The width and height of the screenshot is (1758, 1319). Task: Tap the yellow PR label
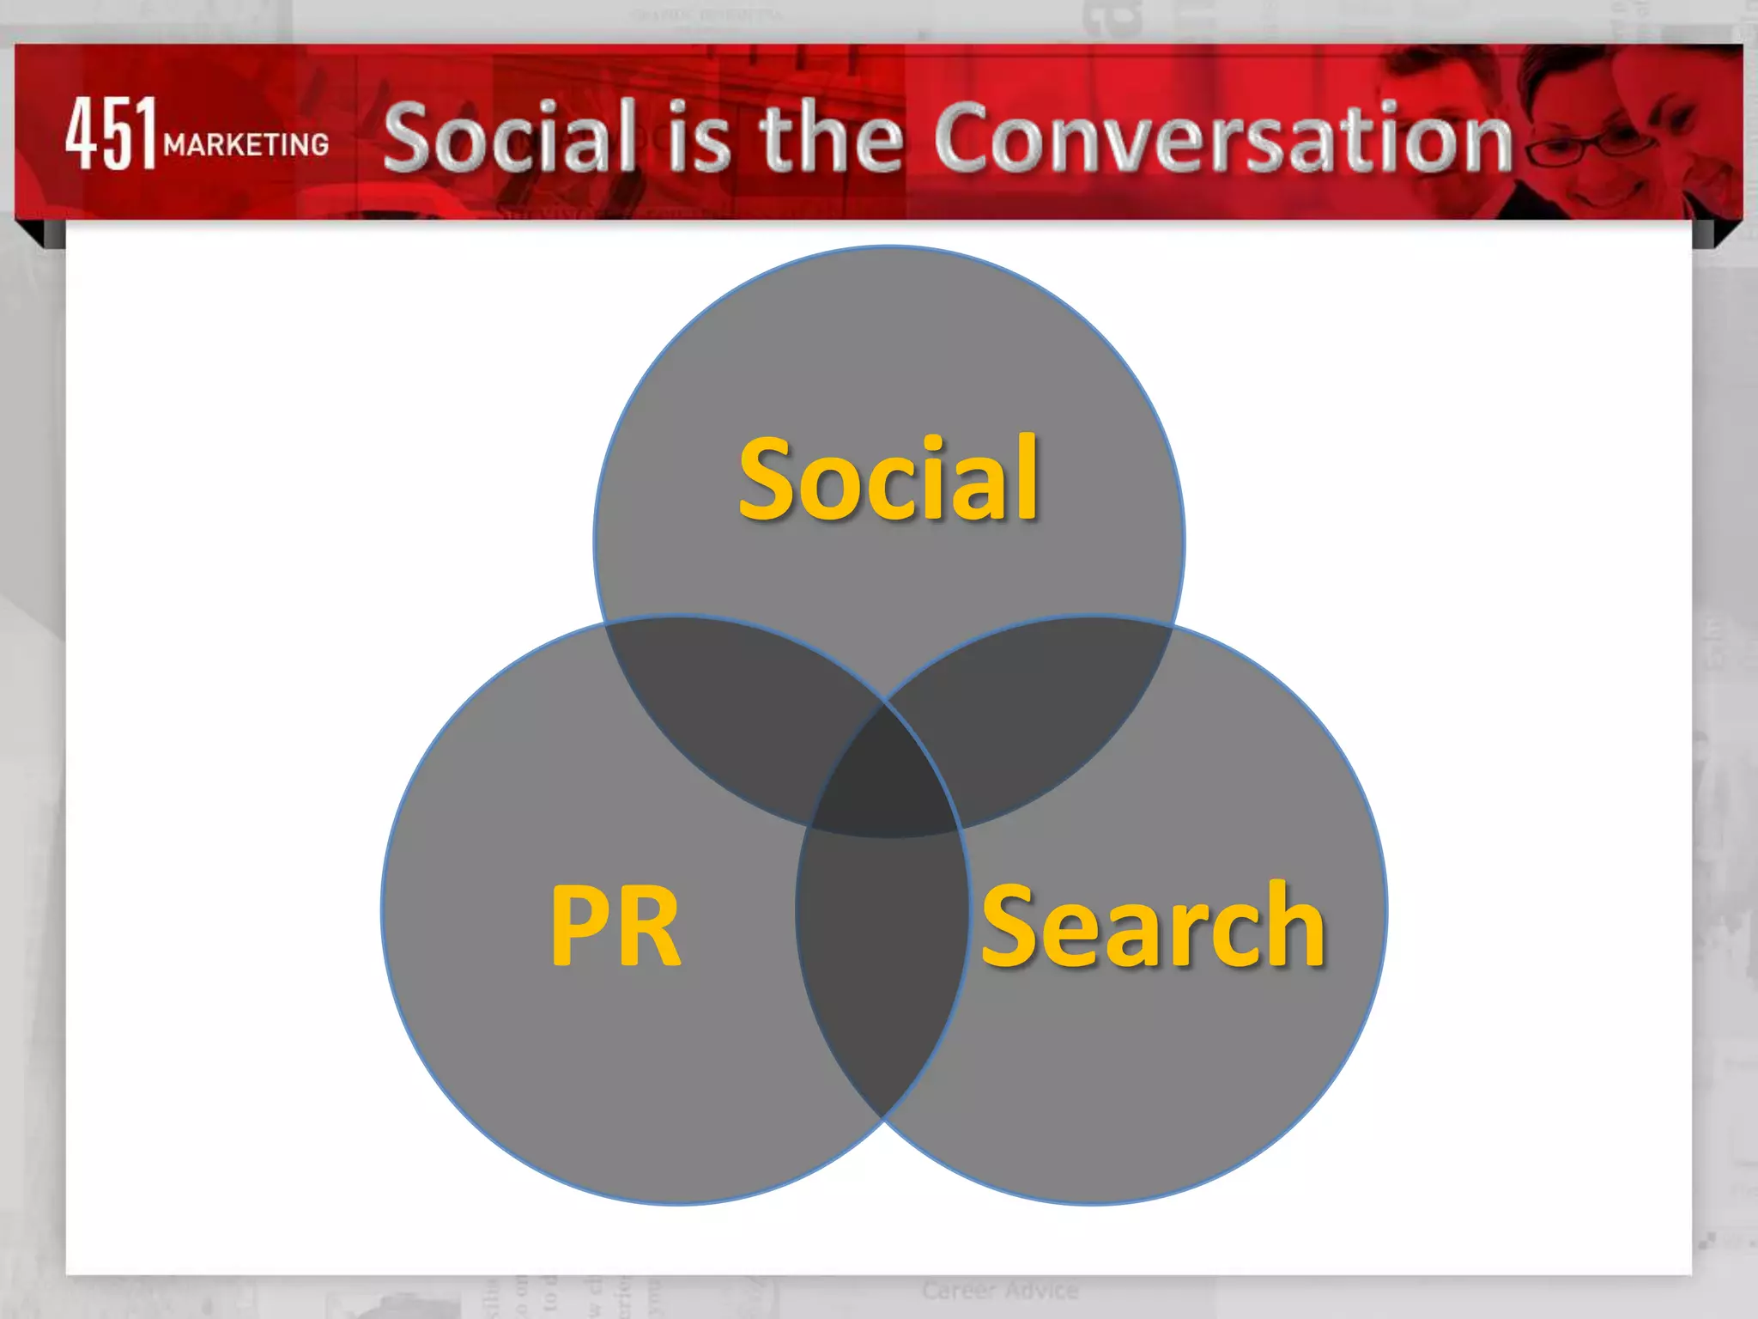[x=615, y=926]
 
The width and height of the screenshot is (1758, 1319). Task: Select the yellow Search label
[x=1153, y=926]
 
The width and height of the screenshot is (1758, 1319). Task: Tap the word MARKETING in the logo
[x=246, y=144]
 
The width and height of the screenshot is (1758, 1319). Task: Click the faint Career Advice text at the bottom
[x=1000, y=1290]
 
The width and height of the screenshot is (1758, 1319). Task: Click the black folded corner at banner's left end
[x=39, y=234]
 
